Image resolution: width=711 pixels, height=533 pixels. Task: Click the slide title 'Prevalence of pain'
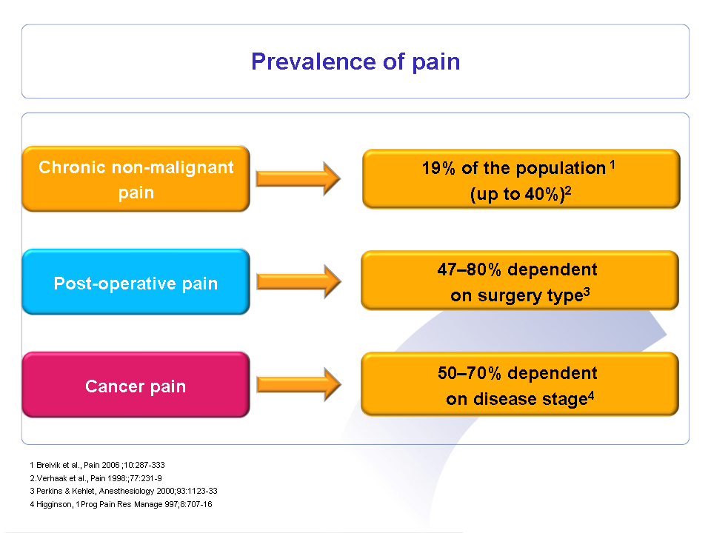[x=355, y=61]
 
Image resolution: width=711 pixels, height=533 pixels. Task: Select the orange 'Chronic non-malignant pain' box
[x=136, y=178]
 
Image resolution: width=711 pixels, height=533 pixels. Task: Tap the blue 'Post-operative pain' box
[x=136, y=281]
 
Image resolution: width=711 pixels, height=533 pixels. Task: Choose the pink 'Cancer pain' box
[x=136, y=385]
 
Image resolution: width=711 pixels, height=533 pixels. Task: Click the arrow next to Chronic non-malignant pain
[x=298, y=178]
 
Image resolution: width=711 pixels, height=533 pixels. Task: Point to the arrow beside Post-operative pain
[x=298, y=281]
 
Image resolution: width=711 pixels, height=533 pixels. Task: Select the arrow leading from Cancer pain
[x=298, y=385]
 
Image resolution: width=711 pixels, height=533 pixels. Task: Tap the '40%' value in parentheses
[x=541, y=195]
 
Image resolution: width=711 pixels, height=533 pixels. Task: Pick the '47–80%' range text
[x=470, y=269]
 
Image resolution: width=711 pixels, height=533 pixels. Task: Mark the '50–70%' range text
[x=470, y=373]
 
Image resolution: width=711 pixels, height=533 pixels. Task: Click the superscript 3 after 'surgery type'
[x=587, y=292]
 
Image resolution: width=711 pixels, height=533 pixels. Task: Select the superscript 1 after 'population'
[x=612, y=165]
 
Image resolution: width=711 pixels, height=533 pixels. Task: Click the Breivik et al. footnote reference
[x=98, y=465]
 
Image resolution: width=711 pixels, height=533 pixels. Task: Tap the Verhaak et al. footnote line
[x=96, y=478]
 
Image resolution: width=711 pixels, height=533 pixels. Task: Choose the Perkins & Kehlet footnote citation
[x=124, y=492]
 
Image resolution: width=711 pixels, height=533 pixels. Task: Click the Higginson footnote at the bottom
[x=121, y=504]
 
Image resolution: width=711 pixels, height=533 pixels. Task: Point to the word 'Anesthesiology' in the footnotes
[x=127, y=492]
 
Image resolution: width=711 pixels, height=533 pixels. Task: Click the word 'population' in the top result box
[x=561, y=169]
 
